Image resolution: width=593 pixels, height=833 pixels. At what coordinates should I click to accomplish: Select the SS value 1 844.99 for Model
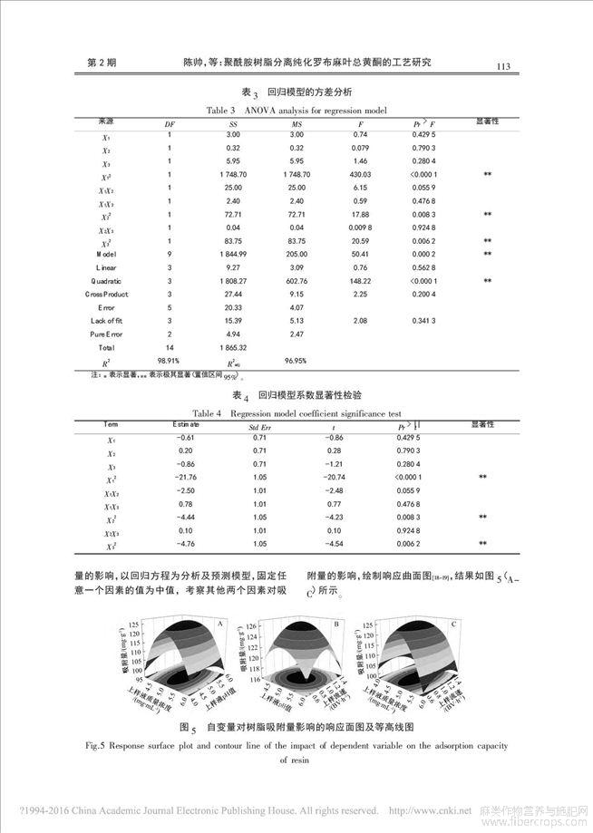(233, 256)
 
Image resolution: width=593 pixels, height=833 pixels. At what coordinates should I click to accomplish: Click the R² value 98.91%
(169, 361)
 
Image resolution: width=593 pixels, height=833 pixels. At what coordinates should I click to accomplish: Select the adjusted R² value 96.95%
(296, 361)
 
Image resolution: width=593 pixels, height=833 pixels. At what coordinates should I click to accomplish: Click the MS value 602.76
(296, 282)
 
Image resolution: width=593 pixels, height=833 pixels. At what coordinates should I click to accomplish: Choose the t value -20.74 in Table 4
(336, 477)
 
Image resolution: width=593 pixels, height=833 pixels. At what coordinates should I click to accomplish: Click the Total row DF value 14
(169, 347)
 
